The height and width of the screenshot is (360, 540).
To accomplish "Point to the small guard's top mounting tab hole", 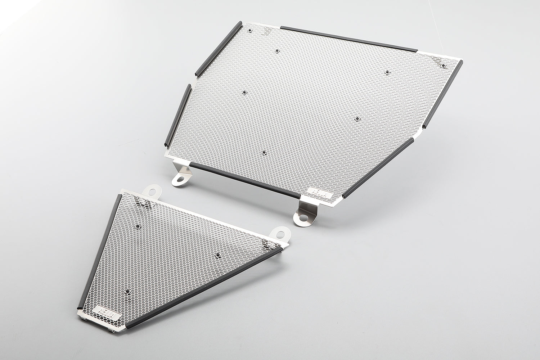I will (153, 190).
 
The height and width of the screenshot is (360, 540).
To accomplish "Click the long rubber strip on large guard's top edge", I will (348, 38).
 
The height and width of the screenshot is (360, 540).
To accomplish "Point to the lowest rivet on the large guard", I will (264, 153).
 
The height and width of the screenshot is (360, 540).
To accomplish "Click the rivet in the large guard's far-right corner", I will (444, 66).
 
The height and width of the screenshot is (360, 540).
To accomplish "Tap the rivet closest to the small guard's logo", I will (129, 290).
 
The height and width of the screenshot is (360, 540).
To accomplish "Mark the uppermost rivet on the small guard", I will (138, 226).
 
